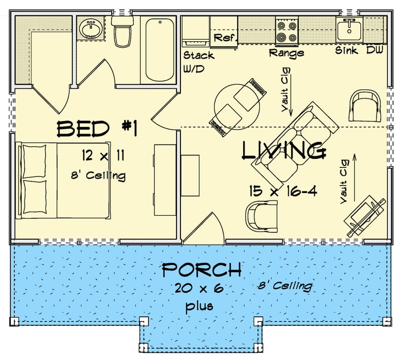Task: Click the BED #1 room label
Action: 96,129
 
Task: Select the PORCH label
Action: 201,270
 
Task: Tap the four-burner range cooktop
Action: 287,31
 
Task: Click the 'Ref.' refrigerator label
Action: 224,38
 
